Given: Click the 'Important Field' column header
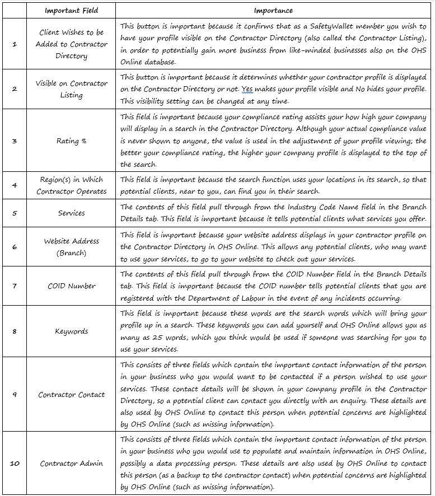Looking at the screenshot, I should coord(72,10).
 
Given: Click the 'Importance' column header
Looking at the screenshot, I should coord(273,10).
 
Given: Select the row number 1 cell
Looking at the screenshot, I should coord(15,44).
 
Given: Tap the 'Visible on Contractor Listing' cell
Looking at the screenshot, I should coord(72,89).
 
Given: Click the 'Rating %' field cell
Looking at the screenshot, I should coord(72,141).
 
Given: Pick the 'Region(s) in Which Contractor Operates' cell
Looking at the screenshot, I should coord(72,185).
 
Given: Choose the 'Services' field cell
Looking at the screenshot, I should coord(72,213).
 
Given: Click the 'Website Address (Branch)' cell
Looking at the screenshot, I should coord(72,246).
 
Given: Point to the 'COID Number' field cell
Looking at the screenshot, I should coord(72,286).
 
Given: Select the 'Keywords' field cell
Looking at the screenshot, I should coord(72,331).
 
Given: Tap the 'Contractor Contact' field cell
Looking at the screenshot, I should coord(72,394).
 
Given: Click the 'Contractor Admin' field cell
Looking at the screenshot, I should coord(72,463).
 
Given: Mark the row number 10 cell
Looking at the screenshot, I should coord(15,463).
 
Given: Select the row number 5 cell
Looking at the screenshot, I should coord(15,213).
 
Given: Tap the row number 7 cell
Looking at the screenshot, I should coord(15,286).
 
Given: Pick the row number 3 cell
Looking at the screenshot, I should coord(15,141).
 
